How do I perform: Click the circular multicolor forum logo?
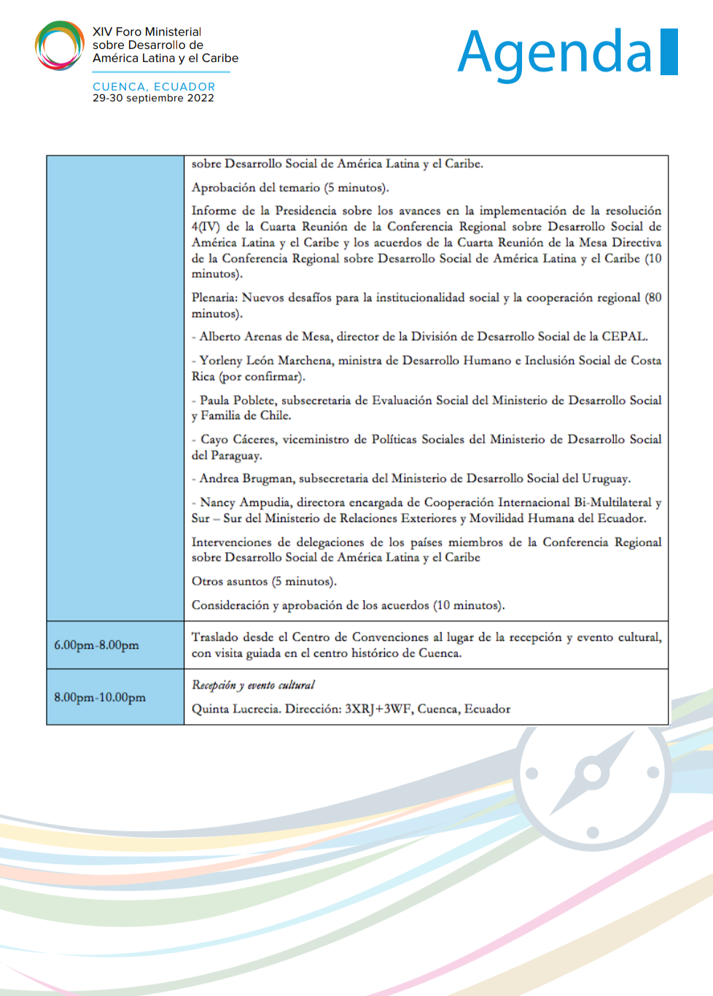tap(60, 45)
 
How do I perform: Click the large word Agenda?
tap(555, 52)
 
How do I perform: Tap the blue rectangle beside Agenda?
tap(669, 52)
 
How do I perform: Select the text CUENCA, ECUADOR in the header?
tap(154, 86)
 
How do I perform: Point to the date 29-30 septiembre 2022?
tap(153, 98)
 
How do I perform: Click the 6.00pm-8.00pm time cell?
tap(96, 645)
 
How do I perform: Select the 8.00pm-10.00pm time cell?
tap(100, 697)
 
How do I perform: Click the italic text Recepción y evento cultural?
tap(253, 685)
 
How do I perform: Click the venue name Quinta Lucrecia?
tap(235, 709)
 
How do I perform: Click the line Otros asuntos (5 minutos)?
tap(264, 581)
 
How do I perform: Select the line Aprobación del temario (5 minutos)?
tap(290, 187)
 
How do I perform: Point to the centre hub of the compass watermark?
tap(592, 773)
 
